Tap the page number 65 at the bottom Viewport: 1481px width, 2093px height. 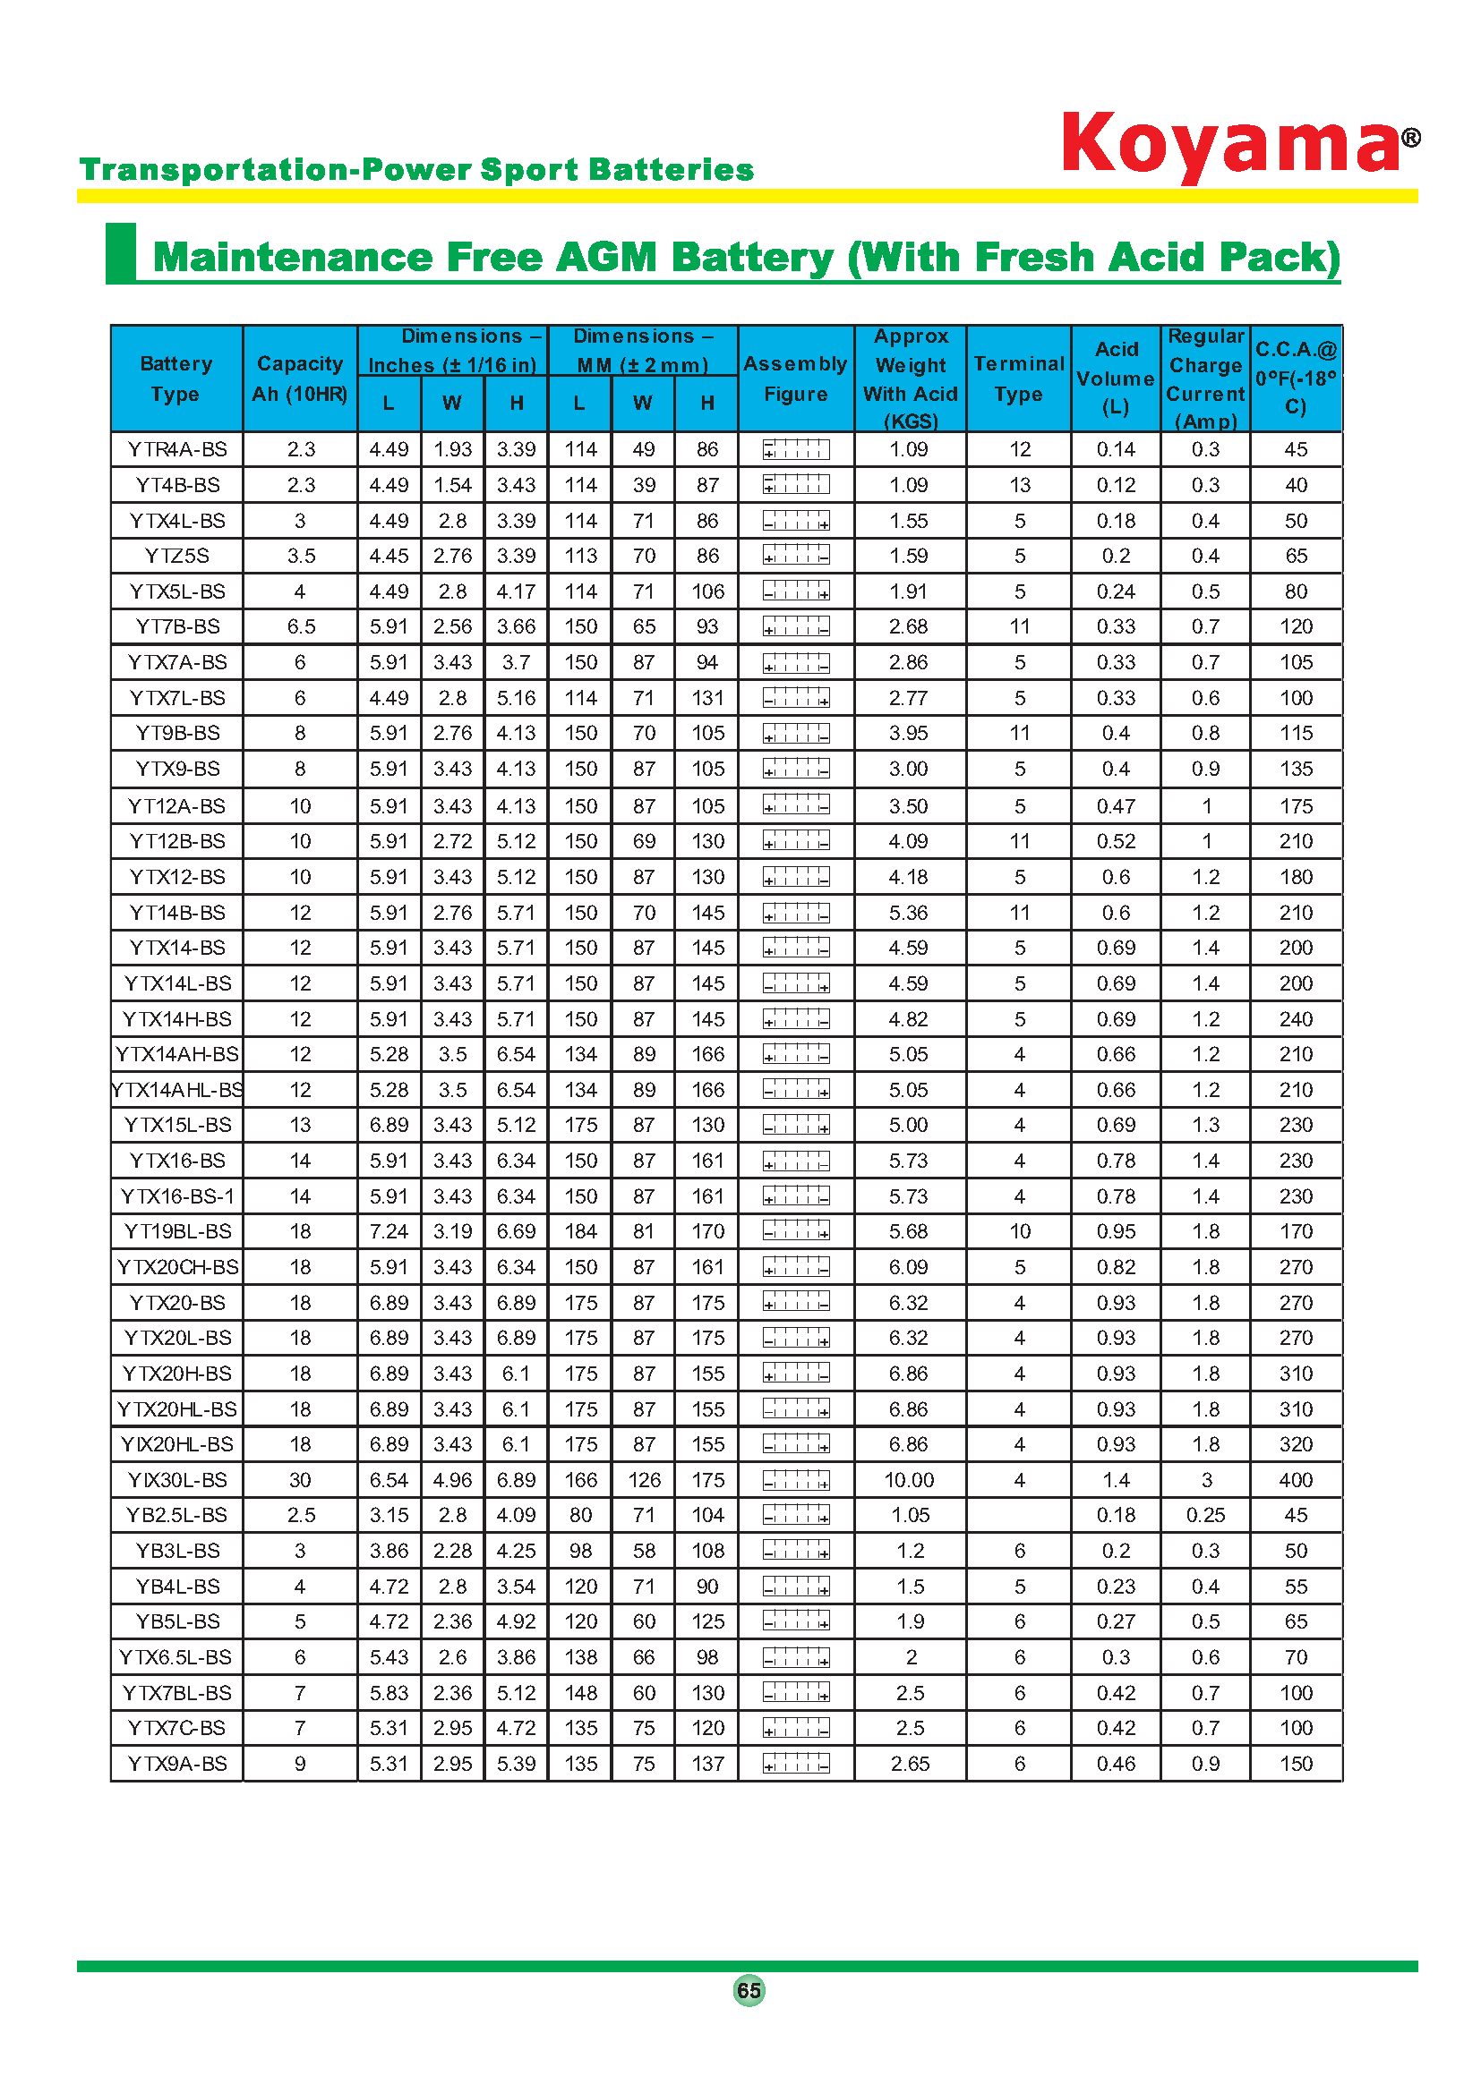tap(749, 1990)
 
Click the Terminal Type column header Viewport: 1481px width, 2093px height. tap(1019, 379)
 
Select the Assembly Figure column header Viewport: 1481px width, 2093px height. tap(795, 379)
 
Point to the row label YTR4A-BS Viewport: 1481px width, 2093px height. tap(177, 449)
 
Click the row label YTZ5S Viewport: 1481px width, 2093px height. tap(177, 556)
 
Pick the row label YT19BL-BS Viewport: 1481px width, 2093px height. tap(177, 1231)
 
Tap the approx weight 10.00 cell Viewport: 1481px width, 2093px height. tap(909, 1480)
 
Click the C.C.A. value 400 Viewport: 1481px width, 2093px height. tap(1295, 1480)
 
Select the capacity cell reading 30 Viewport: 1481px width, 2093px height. tap(300, 1480)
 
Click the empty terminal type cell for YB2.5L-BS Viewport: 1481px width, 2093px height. tap(1019, 1515)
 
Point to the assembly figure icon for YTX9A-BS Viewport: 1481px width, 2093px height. tap(796, 1764)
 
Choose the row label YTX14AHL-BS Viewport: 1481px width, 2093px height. tap(177, 1090)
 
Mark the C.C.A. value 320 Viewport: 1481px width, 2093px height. tap(1295, 1445)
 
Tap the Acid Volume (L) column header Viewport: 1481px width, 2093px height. tap(1116, 379)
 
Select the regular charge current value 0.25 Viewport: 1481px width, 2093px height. tap(1204, 1515)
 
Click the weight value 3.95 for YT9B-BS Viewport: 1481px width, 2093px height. tap(909, 733)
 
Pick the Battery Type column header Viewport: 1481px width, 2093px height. tap(176, 379)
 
